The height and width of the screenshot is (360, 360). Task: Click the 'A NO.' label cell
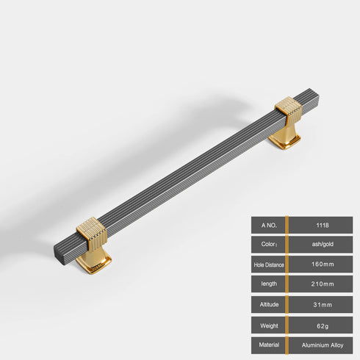tap(267, 224)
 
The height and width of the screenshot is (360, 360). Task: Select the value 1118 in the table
tap(321, 224)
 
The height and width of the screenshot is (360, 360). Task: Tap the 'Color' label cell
tap(267, 244)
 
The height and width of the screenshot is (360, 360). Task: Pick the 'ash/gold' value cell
tap(321, 244)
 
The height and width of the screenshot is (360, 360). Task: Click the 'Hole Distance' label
tap(267, 264)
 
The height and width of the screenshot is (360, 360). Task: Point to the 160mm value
tap(321, 264)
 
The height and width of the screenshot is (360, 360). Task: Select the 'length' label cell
tap(267, 284)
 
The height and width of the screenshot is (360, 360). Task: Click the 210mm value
tap(321, 284)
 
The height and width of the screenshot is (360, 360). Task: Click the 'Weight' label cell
tap(267, 324)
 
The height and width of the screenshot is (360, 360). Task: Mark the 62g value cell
tap(321, 324)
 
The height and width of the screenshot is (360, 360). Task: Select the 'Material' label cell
tap(267, 344)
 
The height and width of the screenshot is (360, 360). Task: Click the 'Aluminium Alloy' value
tap(321, 344)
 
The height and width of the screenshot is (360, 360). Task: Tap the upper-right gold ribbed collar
tap(287, 112)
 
